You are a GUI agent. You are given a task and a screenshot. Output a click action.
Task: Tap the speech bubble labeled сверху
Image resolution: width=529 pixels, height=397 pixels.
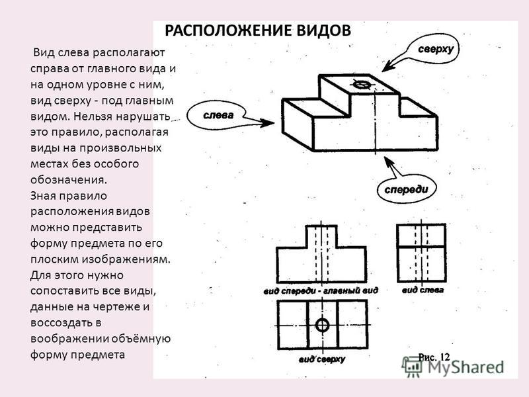pos(434,49)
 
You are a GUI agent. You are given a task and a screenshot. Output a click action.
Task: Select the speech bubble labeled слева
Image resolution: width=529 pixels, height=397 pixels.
pos(217,116)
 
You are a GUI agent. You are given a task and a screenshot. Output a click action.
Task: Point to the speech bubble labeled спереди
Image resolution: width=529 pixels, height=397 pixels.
pos(406,189)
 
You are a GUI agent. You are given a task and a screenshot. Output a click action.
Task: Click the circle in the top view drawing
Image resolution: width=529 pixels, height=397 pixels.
pos(322,325)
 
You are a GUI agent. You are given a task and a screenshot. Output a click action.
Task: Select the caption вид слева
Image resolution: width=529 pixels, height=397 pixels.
pos(423,290)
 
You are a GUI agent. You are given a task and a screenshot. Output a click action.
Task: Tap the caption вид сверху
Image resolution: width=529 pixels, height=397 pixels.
pos(321,359)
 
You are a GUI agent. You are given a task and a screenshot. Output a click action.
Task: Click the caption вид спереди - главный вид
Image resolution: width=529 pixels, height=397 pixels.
pos(321,290)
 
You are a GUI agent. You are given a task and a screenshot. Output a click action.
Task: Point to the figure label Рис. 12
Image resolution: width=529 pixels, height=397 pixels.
pos(434,357)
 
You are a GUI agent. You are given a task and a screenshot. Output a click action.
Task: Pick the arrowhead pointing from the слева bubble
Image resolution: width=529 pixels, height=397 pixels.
pos(267,122)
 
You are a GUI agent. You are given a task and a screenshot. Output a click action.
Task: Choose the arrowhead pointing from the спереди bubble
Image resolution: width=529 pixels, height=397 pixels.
pos(389,162)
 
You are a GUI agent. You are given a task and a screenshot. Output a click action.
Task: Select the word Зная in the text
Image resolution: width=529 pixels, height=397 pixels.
pos(44,196)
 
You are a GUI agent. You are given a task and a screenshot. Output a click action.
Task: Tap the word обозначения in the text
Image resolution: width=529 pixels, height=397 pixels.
pos(69,179)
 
